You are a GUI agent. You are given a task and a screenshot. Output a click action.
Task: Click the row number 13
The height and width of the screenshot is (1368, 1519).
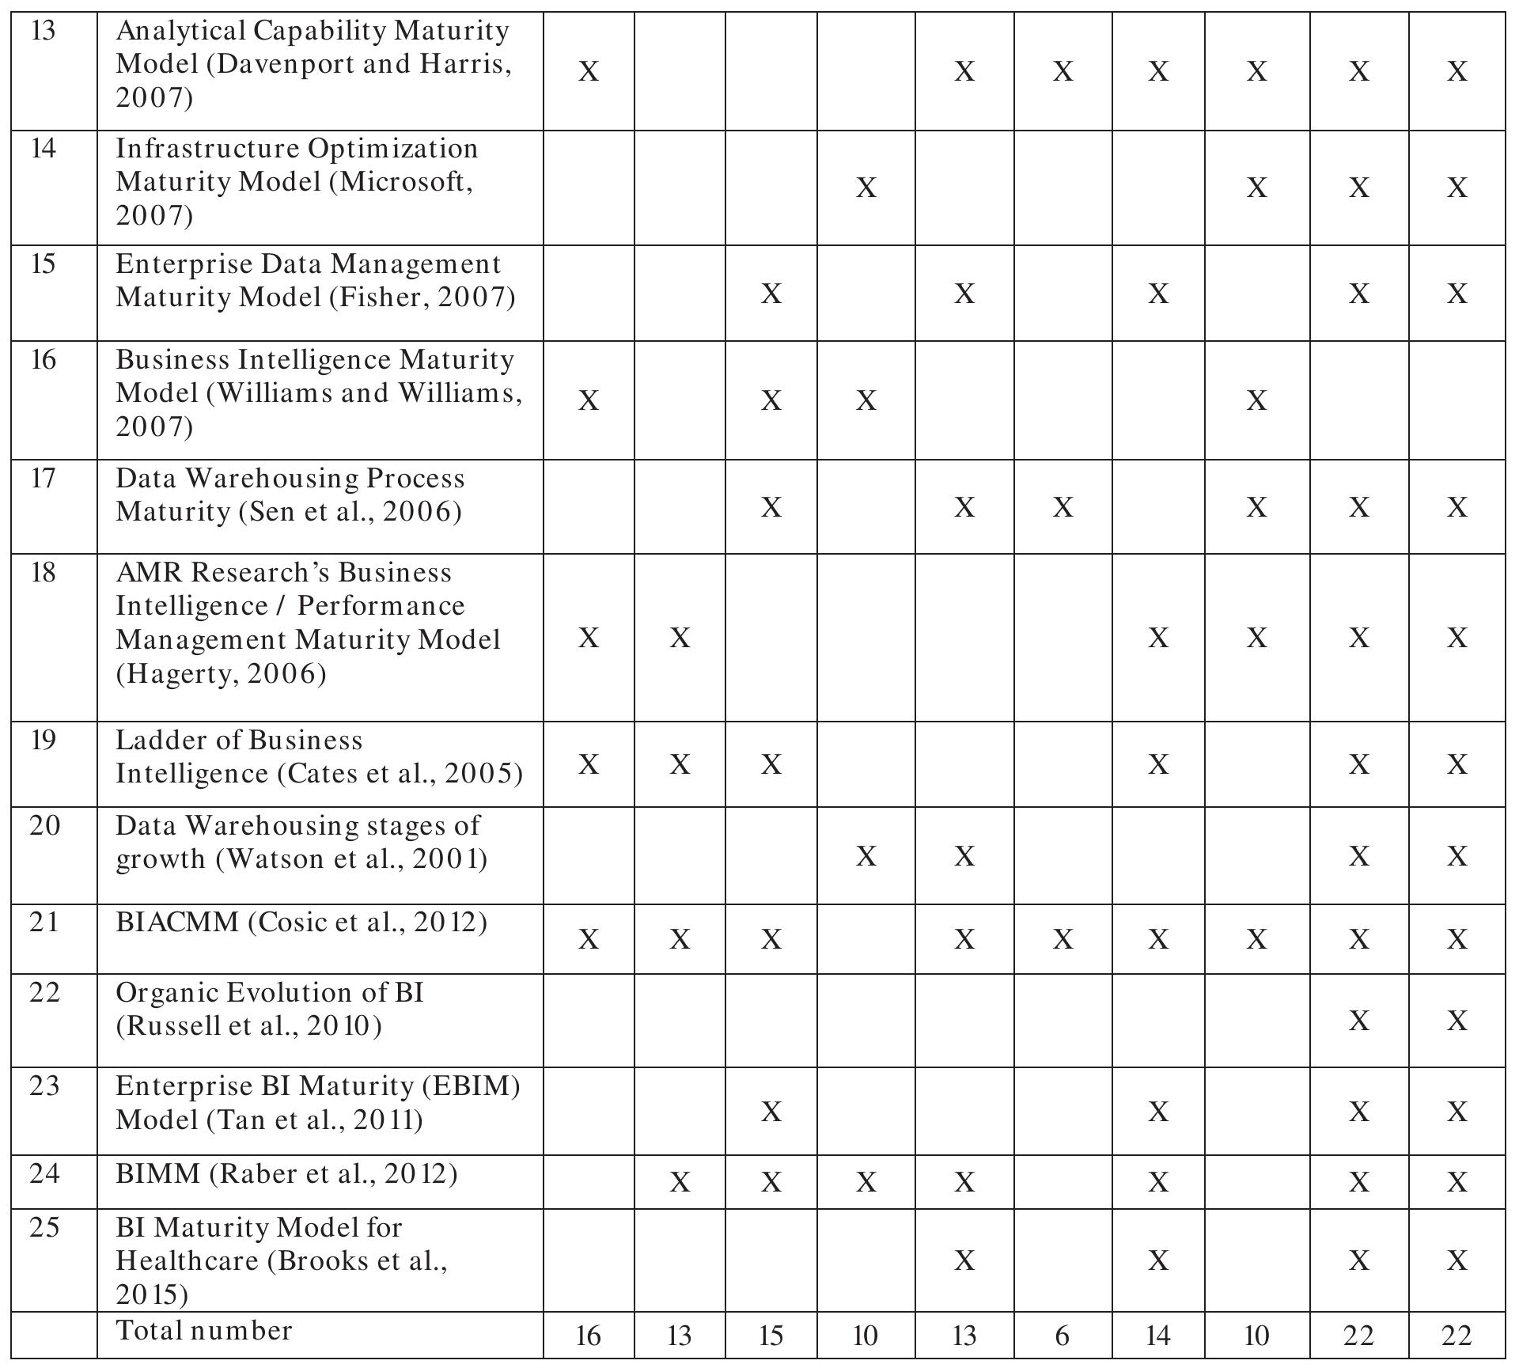[x=44, y=32]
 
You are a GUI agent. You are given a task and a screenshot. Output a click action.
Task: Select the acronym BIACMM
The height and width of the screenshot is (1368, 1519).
[x=177, y=923]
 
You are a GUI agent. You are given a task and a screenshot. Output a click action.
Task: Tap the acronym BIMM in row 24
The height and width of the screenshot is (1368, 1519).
[x=158, y=1174]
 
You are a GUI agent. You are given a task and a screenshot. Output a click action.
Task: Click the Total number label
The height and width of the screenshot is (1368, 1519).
[x=204, y=1331]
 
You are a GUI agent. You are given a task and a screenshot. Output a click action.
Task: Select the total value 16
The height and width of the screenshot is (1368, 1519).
[x=588, y=1336]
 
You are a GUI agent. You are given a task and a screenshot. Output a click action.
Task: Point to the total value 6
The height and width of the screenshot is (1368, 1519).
[x=1062, y=1336]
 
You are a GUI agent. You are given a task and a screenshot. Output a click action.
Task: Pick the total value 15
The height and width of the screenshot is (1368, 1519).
[x=771, y=1336]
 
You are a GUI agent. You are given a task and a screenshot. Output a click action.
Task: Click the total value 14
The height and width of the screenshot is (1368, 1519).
[x=1157, y=1336]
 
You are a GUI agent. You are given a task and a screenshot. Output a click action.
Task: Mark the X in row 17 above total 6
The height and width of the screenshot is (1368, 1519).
[x=1063, y=507]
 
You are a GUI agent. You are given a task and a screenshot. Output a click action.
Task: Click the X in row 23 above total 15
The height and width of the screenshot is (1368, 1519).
[x=771, y=1112]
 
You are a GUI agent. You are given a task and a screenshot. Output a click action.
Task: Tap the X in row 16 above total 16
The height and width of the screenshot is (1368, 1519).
[x=588, y=401]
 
